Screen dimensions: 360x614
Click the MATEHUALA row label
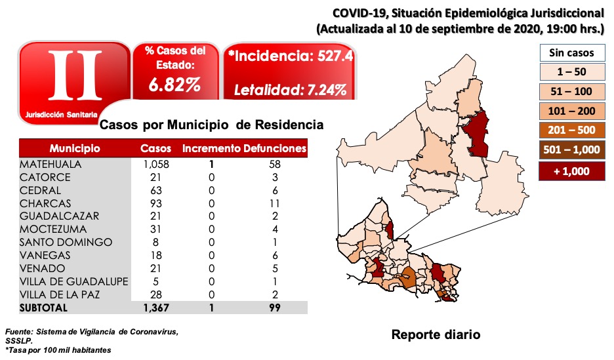click(51, 165)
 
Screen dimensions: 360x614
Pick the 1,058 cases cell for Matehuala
click(155, 165)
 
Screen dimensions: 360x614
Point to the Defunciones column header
click(275, 148)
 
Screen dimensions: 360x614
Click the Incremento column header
click(211, 148)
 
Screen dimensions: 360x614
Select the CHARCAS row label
click(45, 203)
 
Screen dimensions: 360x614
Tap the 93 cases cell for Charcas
click(155, 203)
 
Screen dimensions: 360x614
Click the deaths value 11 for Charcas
click(275, 203)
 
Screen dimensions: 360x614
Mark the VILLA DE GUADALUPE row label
click(73, 281)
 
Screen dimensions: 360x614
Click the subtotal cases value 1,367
click(155, 308)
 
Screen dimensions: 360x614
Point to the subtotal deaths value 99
click(275, 308)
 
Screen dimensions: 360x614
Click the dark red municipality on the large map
click(478, 134)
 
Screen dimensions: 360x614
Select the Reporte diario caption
click(436, 334)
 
